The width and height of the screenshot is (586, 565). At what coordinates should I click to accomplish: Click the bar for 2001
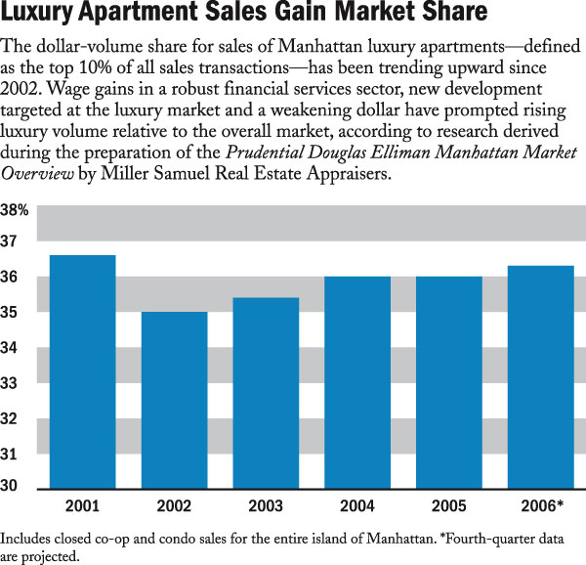click(83, 371)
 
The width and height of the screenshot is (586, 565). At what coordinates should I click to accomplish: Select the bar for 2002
click(174, 400)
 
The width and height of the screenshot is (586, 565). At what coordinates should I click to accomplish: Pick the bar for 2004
click(357, 382)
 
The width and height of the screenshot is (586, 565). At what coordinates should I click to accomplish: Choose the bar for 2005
click(449, 382)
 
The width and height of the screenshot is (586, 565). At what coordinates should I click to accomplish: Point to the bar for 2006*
click(541, 377)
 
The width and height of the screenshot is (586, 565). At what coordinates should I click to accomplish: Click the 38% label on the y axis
click(16, 210)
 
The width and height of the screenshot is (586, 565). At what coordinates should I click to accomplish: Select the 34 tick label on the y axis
click(12, 349)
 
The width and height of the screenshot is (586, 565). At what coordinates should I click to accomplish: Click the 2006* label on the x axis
click(543, 506)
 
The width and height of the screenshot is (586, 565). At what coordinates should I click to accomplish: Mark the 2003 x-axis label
click(266, 506)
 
